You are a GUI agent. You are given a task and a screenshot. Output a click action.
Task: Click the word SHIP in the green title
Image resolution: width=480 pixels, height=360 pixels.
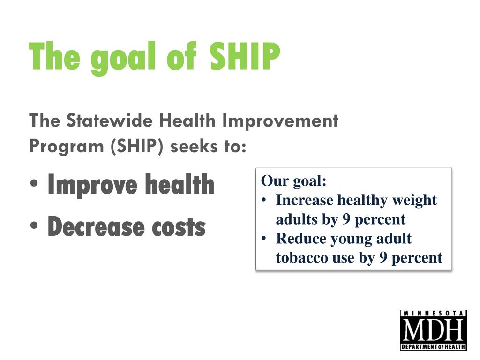tap(244, 56)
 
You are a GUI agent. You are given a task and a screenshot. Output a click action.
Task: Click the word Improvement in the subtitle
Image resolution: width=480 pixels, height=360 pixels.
tap(280, 121)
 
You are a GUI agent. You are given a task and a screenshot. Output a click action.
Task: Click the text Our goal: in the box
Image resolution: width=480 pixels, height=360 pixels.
tap(293, 181)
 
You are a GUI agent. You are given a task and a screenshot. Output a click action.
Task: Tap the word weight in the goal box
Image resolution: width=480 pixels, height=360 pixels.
tap(414, 200)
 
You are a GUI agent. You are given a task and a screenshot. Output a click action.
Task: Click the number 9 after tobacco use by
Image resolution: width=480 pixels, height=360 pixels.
tap(383, 258)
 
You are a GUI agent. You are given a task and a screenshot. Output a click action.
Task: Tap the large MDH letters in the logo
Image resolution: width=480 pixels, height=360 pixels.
tap(433, 330)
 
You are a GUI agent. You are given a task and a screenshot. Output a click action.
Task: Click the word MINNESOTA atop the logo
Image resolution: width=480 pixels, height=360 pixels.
tap(433, 313)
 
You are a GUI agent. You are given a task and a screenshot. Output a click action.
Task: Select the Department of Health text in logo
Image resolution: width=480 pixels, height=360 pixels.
tap(433, 347)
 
